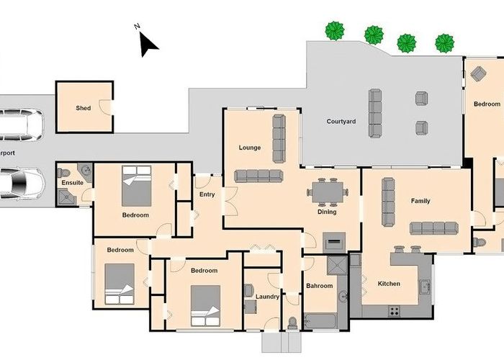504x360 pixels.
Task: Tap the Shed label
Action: [x=84, y=108]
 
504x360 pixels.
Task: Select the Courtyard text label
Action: [x=341, y=122]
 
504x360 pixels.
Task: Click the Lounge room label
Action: [x=250, y=148]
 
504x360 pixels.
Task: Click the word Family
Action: [x=420, y=201]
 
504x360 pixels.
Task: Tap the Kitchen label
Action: [x=389, y=284]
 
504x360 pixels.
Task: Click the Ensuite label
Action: [x=72, y=183]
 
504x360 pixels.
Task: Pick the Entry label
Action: [x=207, y=194]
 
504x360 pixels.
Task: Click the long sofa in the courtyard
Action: [x=376, y=113]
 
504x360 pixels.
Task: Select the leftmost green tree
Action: [x=334, y=30]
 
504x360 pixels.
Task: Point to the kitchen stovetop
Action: [x=395, y=311]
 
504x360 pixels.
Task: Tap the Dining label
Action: [x=327, y=212]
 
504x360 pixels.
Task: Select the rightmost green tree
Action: [x=445, y=42]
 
